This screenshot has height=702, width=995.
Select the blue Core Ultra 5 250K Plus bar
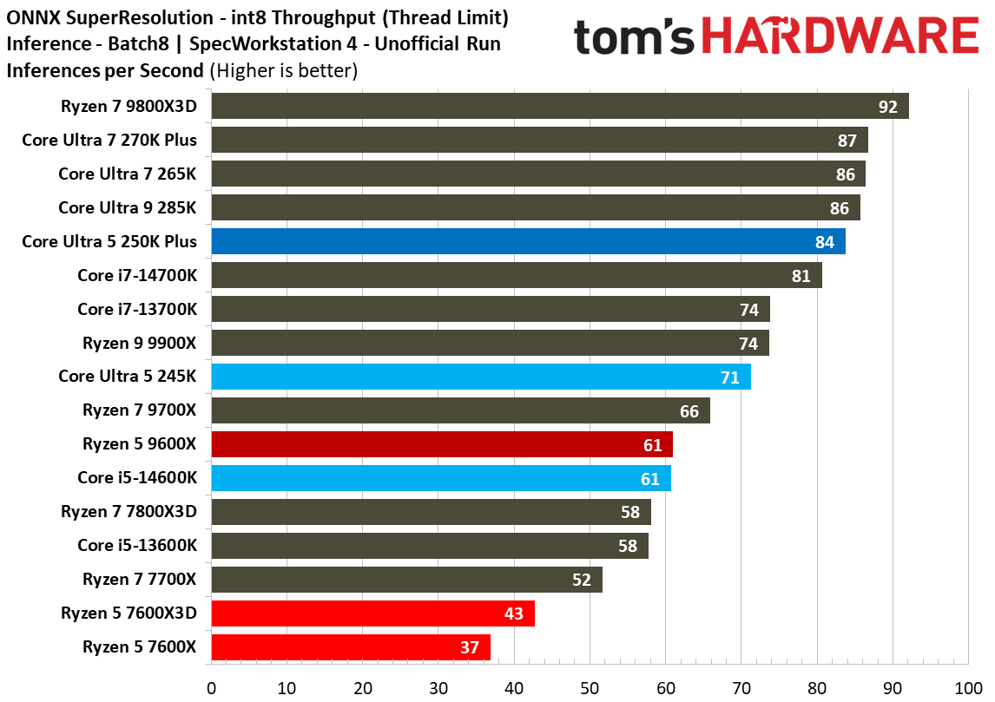point(528,241)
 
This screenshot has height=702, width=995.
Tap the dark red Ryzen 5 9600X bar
point(442,444)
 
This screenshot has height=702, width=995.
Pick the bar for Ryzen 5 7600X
point(351,647)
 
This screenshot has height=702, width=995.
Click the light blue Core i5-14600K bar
point(441,478)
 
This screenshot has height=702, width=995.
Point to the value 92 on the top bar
point(887,107)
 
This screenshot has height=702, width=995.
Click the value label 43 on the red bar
point(513,613)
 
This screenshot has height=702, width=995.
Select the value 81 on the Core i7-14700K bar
point(801,276)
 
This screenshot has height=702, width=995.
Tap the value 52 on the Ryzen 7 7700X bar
point(581,580)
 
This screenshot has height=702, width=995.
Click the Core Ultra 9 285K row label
point(128,207)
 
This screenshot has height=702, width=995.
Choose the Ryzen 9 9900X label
point(140,343)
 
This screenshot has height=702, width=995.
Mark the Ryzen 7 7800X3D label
point(128,512)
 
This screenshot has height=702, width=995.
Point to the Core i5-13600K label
point(137,546)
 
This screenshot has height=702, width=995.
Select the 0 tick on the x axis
point(212,688)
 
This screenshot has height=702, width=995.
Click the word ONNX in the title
point(31,17)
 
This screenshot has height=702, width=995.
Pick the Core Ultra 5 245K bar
point(481,377)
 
